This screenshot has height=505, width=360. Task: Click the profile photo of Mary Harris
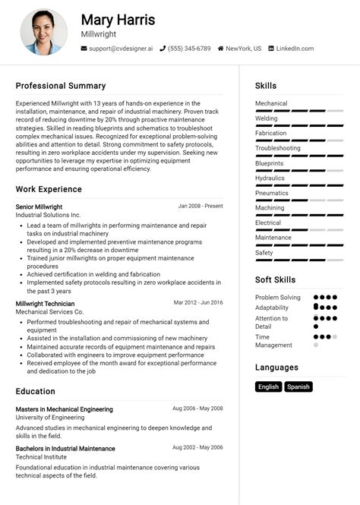tap(44, 32)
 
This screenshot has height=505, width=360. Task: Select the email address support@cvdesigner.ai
tap(121, 49)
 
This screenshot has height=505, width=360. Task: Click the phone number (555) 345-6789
tap(190, 49)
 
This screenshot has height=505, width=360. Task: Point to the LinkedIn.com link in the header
tap(294, 49)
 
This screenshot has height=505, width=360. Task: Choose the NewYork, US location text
tap(243, 49)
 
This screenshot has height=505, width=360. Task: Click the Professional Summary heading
tap(61, 86)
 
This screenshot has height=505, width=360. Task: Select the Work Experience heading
tap(49, 189)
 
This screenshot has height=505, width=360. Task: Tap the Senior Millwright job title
tap(39, 207)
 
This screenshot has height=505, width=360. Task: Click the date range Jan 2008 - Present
tap(201, 206)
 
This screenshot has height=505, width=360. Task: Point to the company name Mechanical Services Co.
tap(49, 311)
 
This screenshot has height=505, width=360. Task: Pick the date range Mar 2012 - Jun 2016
tap(198, 302)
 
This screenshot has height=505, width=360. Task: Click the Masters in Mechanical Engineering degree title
tap(64, 409)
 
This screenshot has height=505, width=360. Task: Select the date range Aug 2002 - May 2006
tap(197, 448)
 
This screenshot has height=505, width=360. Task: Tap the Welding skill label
tap(267, 118)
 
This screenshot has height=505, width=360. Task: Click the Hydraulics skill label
tap(270, 178)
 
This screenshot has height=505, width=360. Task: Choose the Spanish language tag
tap(298, 387)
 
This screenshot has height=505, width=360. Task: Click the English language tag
tap(269, 387)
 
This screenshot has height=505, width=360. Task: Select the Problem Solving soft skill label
tap(278, 298)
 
